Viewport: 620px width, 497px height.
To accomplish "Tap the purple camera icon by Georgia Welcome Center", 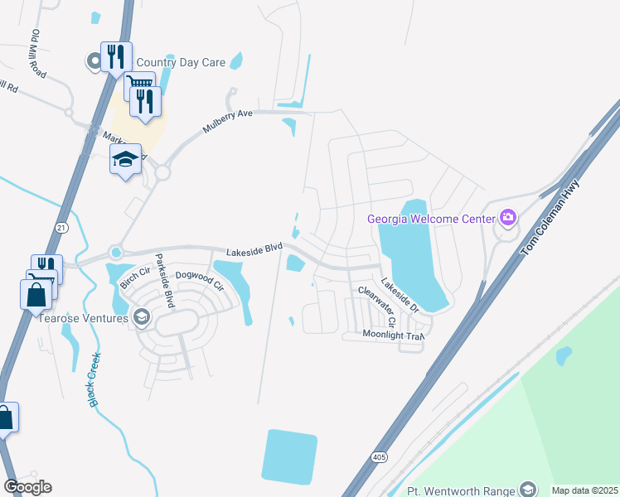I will tap(508, 219).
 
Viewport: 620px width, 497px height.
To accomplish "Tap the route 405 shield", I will tap(379, 456).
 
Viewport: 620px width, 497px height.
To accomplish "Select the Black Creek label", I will tap(94, 380).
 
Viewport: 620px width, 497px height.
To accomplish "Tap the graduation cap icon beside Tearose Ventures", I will tap(142, 317).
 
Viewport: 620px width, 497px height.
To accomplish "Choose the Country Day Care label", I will tap(181, 62).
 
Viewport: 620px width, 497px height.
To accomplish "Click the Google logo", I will tap(27, 487).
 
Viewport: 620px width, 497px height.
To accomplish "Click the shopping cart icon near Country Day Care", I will tap(139, 84).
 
